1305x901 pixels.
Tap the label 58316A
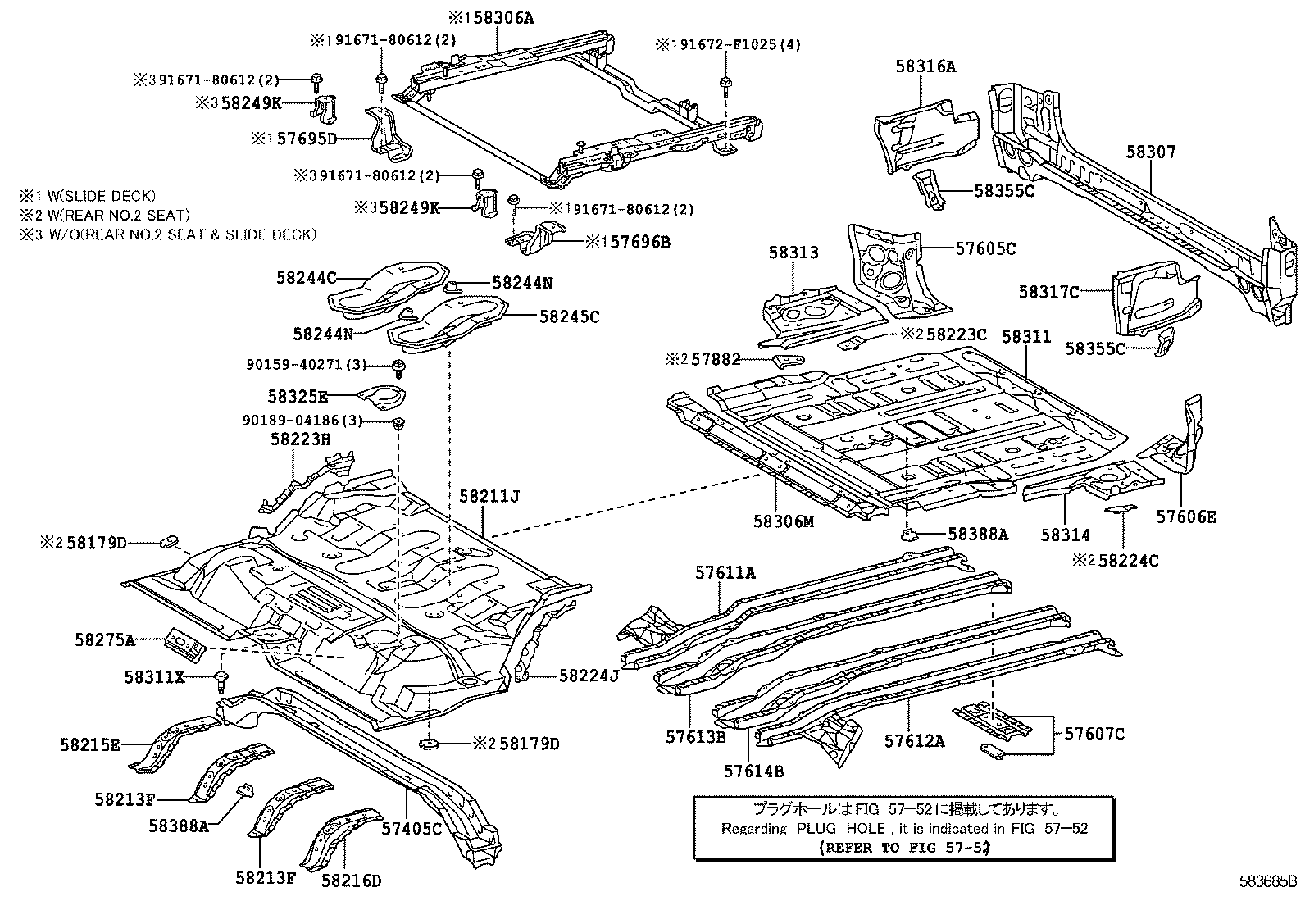point(925,66)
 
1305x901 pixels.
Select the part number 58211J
point(489,496)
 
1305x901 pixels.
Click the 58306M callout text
point(784,521)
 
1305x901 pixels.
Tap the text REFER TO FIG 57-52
point(891,847)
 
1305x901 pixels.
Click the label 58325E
point(298,397)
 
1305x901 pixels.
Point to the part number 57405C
point(412,829)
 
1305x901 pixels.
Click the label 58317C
point(1048,291)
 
